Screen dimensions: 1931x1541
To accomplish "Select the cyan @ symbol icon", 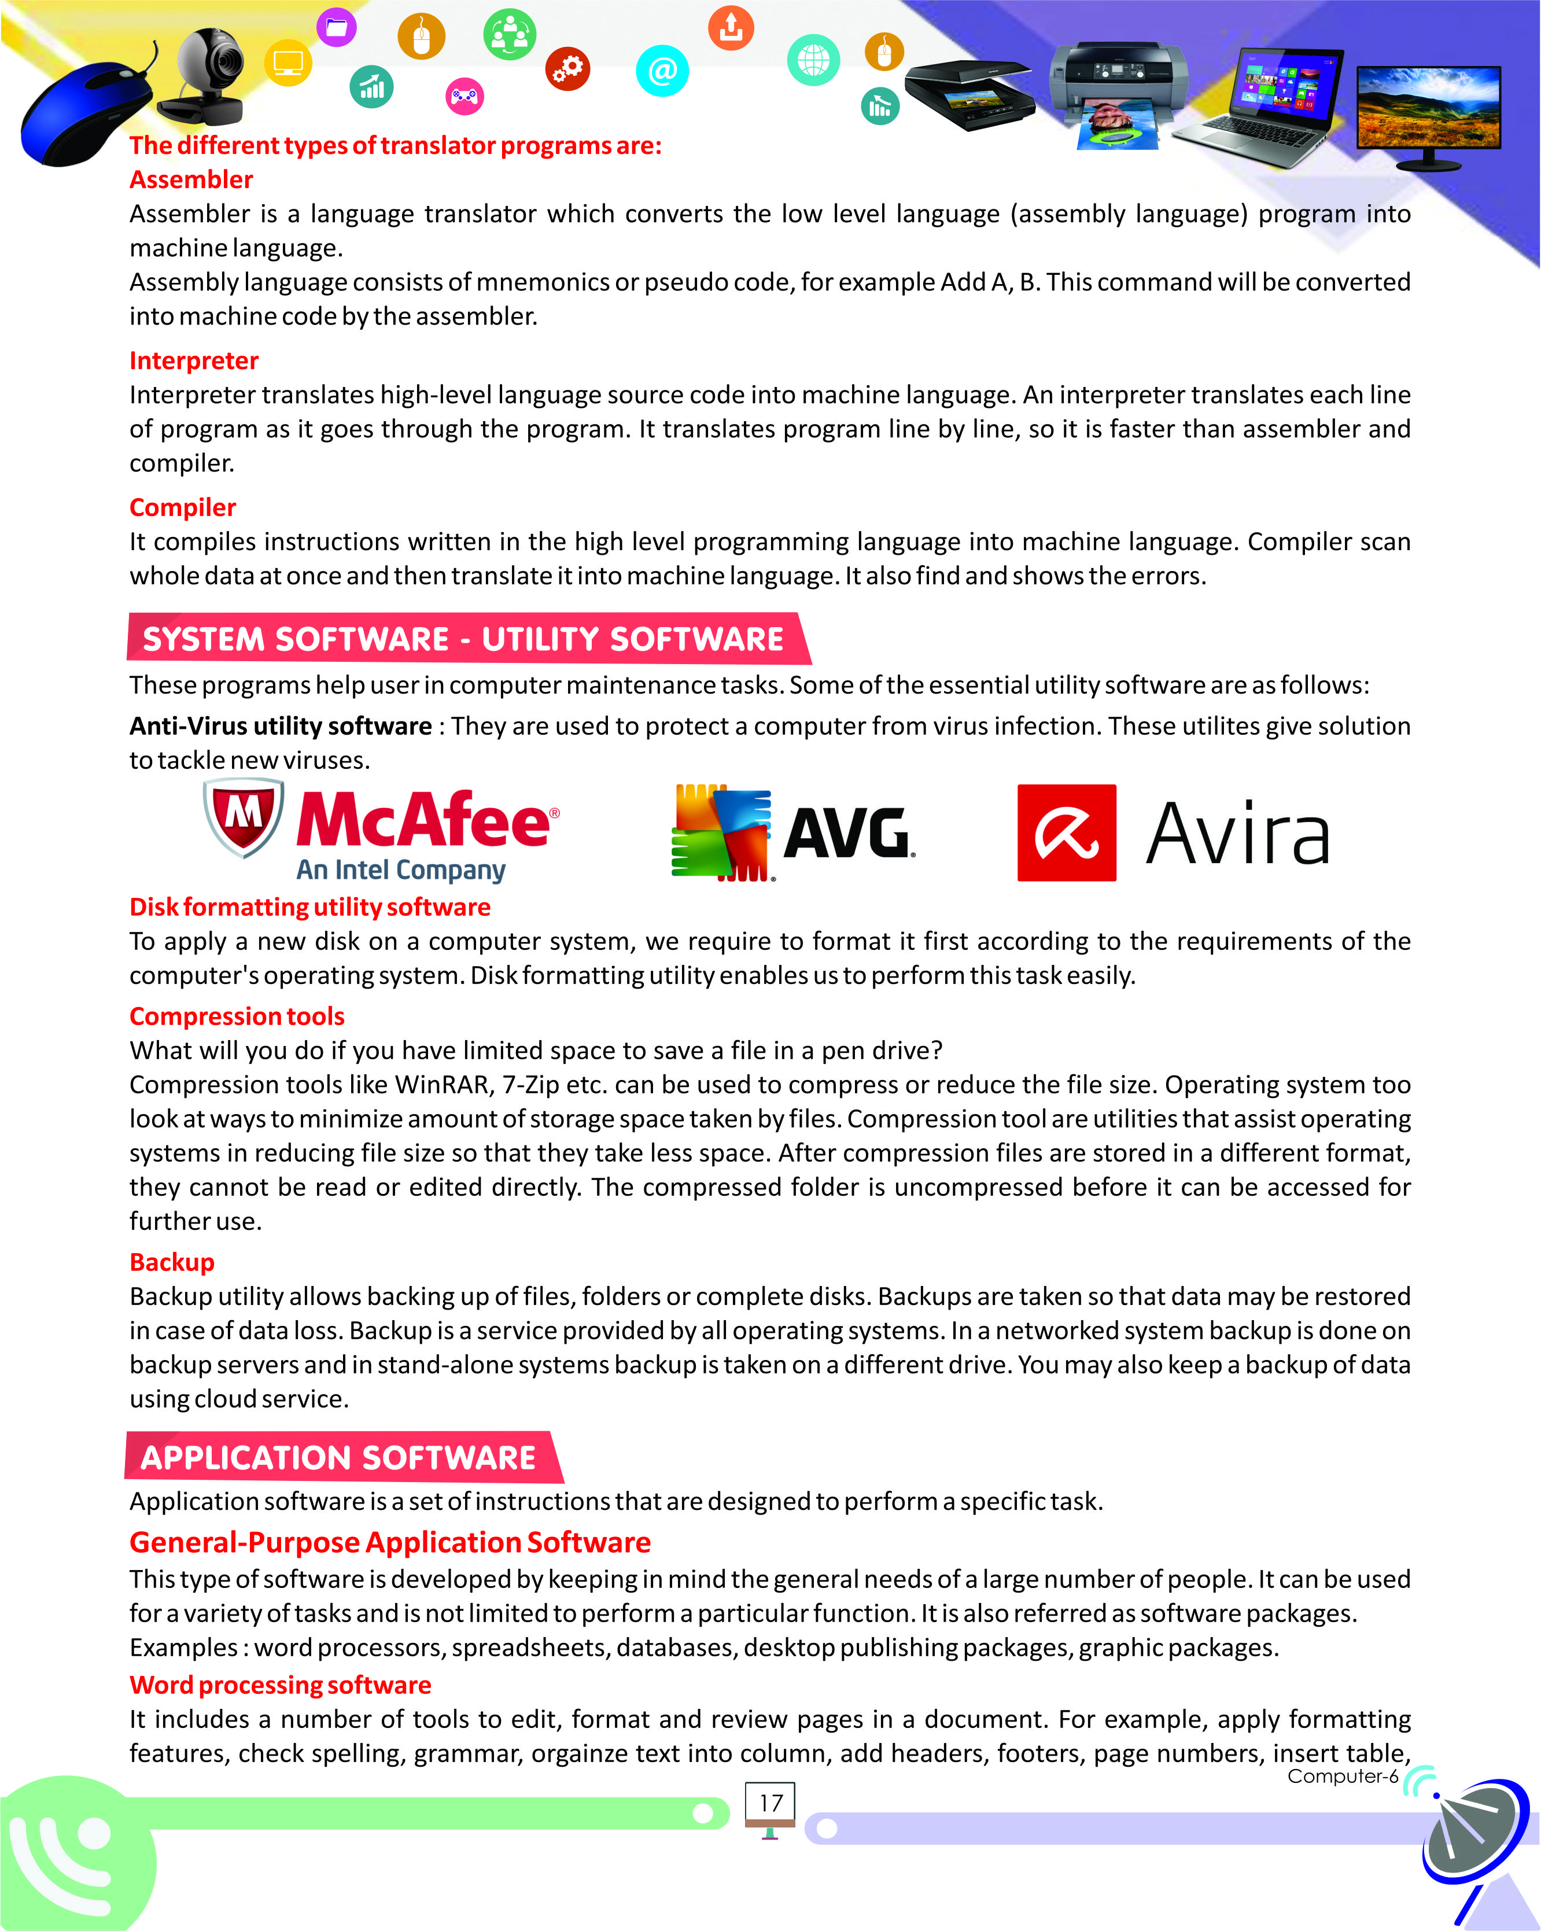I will (x=662, y=70).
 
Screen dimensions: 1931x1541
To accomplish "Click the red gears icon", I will (x=567, y=68).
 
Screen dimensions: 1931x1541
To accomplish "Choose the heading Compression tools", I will (x=237, y=1016).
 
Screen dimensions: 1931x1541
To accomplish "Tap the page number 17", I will (x=770, y=1803).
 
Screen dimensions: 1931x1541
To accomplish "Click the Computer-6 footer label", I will (x=1342, y=1776).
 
